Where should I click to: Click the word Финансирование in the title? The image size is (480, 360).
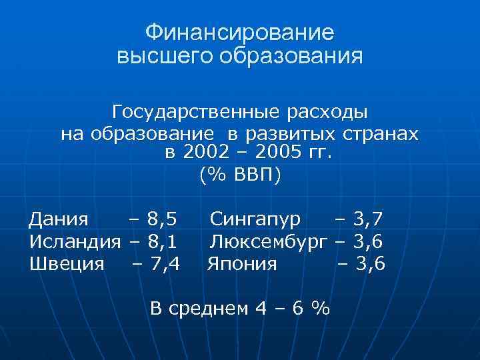coord(240,32)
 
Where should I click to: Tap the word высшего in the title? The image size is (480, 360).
coord(155,56)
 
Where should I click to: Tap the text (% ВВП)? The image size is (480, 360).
coord(240,175)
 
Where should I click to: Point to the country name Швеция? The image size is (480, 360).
coord(67,263)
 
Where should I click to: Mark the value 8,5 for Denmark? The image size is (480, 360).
coord(162,219)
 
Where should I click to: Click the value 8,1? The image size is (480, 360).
coord(162,241)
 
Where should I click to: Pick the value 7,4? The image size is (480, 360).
coord(165,263)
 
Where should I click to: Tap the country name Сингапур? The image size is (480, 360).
coord(256,219)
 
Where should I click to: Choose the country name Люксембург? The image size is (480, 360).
coord(270,241)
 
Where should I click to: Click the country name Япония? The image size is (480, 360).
coord(242,263)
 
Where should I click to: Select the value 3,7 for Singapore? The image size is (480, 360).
coord(369,219)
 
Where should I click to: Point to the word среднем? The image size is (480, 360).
coord(215,308)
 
